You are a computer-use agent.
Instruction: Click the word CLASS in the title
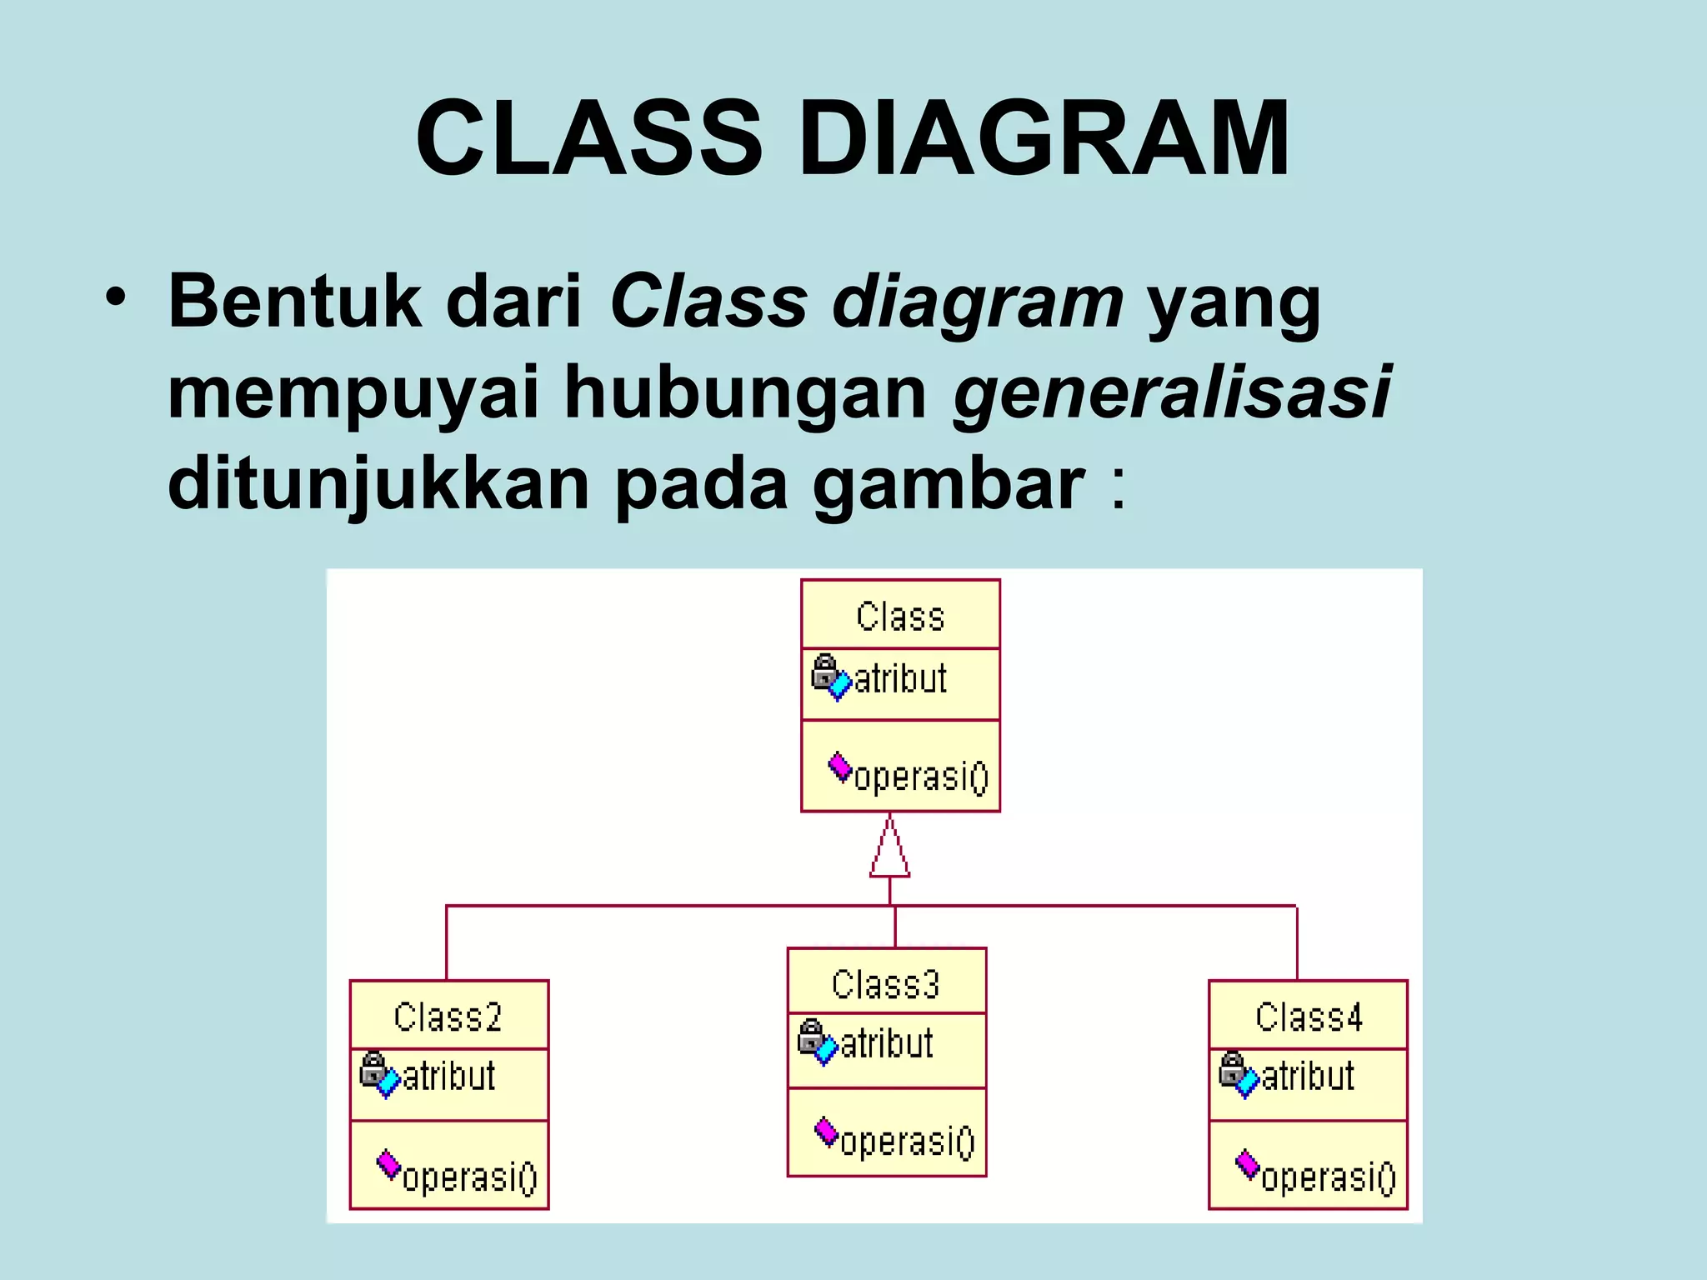tap(588, 138)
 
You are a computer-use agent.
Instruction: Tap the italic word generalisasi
tap(1172, 392)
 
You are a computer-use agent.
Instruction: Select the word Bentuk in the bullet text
tap(295, 302)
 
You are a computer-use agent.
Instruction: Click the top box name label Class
tap(900, 617)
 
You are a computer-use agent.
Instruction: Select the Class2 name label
tap(448, 1017)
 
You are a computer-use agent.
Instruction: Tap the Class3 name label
tap(885, 985)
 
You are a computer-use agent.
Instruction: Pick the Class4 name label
tap(1308, 1017)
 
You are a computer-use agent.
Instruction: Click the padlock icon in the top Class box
tap(824, 671)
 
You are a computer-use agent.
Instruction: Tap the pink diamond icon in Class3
tap(826, 1131)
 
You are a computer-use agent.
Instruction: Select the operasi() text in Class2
tap(470, 1177)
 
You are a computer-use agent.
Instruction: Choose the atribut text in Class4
tap(1308, 1077)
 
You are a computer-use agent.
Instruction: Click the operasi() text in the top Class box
tap(921, 777)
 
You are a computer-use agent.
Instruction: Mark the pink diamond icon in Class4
tap(1247, 1163)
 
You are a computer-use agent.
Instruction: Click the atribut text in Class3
tap(887, 1044)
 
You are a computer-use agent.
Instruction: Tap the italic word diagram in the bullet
tap(977, 302)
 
